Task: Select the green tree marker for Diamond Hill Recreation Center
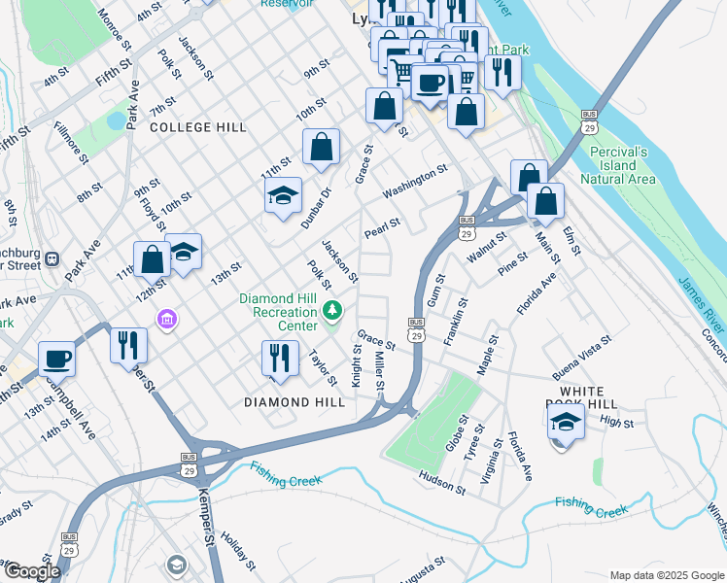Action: coord(333,311)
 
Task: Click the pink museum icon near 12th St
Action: coord(166,319)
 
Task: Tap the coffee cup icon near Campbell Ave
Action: coord(57,360)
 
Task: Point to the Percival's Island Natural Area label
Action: coord(618,165)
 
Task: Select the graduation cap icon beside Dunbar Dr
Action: coord(283,196)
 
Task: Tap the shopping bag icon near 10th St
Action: coord(321,149)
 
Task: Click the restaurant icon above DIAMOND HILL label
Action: coord(281,359)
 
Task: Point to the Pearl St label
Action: coord(382,229)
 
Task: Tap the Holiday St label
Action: coord(237,550)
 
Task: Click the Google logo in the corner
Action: coord(31,571)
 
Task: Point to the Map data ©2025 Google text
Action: coord(667,575)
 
